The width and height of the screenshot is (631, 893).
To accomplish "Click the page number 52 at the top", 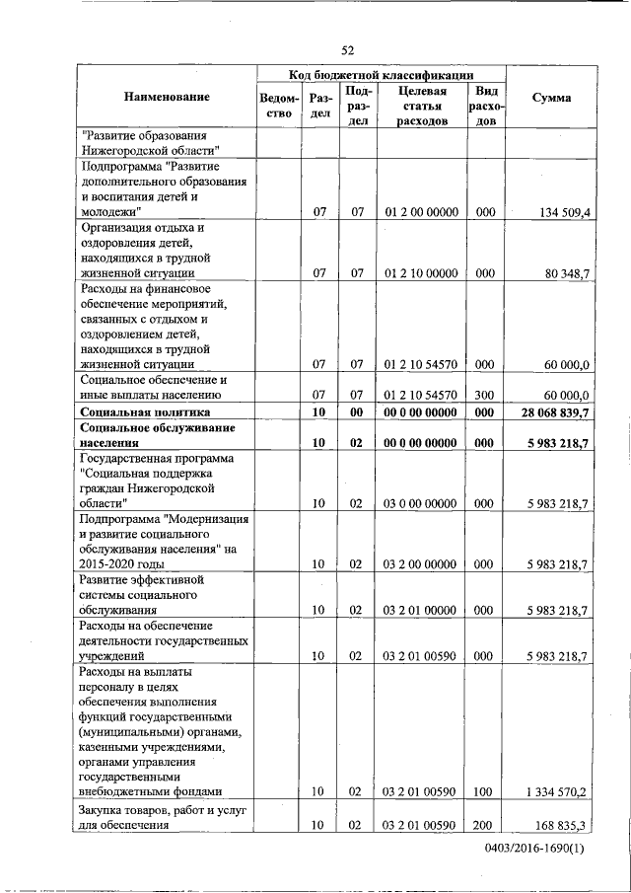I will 347,50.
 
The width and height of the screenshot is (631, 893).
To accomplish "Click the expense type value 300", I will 484,393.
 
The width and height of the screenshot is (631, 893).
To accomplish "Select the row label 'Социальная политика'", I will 146,411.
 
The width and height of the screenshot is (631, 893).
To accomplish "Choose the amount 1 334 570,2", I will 558,791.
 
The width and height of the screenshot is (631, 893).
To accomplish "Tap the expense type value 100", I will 484,791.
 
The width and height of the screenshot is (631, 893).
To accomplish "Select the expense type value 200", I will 484,825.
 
